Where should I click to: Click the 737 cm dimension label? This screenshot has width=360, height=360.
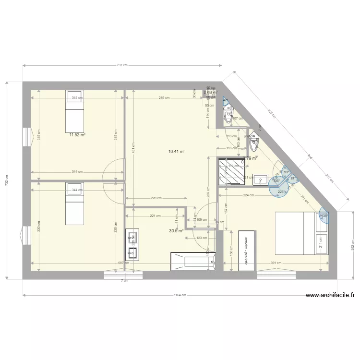122,65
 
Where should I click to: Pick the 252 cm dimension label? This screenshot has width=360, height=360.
353,245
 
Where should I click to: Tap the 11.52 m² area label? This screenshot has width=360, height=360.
77,135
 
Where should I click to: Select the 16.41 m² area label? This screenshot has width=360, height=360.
177,152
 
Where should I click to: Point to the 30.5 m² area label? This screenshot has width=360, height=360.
176,230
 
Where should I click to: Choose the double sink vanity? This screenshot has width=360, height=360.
132,244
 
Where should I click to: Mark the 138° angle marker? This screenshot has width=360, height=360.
324,216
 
